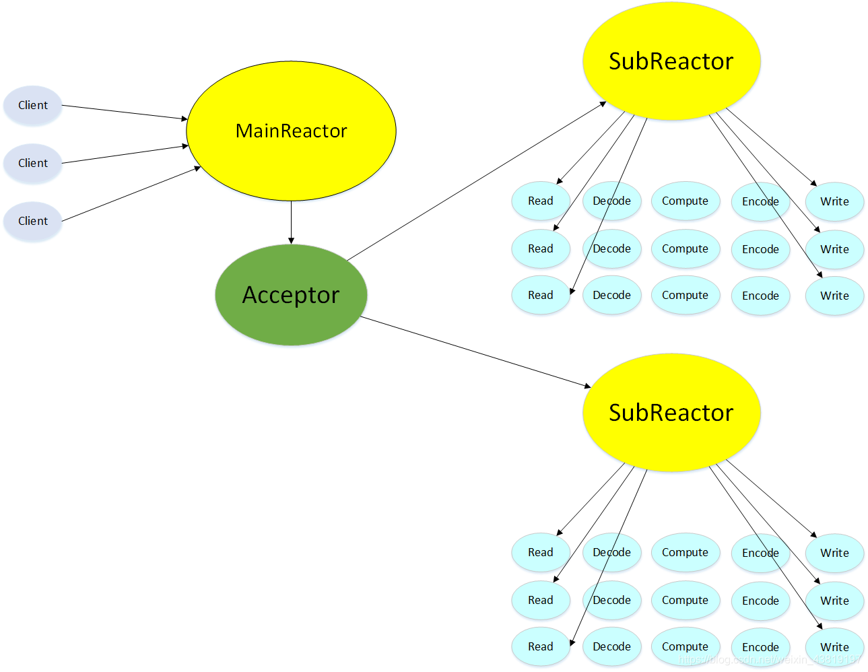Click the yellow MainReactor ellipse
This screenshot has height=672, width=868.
click(x=291, y=131)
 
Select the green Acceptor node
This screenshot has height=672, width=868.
click(x=291, y=295)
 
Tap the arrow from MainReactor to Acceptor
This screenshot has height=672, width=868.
click(x=291, y=222)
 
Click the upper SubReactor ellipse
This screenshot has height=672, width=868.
click(x=671, y=61)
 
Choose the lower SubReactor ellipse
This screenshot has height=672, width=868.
click(x=671, y=413)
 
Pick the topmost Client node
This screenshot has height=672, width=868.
click(x=32, y=105)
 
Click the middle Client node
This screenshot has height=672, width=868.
click(x=32, y=163)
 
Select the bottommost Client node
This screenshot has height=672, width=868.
click(x=32, y=221)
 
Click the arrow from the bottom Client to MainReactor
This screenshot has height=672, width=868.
click(x=131, y=194)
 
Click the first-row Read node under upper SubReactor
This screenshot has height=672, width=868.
click(x=540, y=201)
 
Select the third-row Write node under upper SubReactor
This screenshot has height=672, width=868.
click(x=834, y=296)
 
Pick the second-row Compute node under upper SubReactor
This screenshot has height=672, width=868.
click(x=685, y=249)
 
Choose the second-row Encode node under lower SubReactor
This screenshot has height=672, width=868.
click(x=760, y=601)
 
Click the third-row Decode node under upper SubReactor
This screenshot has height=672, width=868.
click(x=611, y=296)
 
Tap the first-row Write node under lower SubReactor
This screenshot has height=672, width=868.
click(x=834, y=553)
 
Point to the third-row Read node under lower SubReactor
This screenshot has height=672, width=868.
click(x=540, y=646)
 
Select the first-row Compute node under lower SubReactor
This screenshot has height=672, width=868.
click(x=685, y=553)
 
